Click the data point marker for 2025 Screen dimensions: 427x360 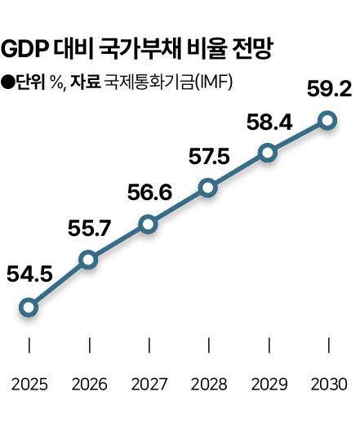(29, 308)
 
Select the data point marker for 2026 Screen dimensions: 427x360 (88, 260)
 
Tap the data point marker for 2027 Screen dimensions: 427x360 (148, 224)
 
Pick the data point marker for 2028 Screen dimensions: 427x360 (207, 189)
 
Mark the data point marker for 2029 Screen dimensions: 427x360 (267, 153)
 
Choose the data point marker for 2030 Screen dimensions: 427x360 (327, 121)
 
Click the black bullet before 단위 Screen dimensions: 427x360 (8, 81)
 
